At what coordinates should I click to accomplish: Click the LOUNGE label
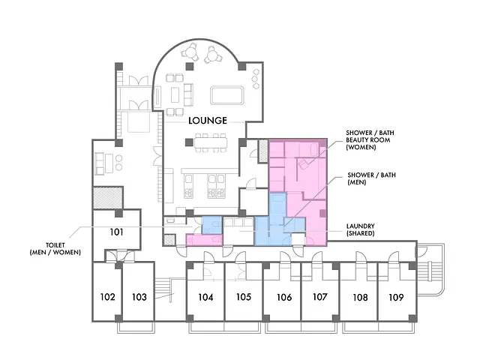point(208,120)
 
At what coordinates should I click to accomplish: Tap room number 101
point(117,232)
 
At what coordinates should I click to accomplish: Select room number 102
point(108,297)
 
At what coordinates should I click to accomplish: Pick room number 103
point(139,297)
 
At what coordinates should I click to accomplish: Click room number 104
point(205,297)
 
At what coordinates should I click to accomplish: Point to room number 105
point(244,297)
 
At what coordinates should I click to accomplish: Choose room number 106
point(284,297)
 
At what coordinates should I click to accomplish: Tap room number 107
point(320,297)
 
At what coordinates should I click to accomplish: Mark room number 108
point(360,297)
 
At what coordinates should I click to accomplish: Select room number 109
point(396,297)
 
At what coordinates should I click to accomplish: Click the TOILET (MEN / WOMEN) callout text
point(55,248)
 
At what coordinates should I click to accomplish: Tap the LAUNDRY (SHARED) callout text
point(360,229)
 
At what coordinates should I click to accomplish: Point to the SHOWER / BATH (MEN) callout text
point(371,178)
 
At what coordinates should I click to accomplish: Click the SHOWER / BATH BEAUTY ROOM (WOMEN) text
point(370,140)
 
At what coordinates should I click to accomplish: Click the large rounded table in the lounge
point(226,95)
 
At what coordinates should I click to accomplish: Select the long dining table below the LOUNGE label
point(211,142)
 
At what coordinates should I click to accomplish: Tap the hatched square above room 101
point(108,197)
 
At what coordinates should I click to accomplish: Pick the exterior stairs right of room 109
point(429,269)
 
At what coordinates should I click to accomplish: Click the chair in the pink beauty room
point(303,164)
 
